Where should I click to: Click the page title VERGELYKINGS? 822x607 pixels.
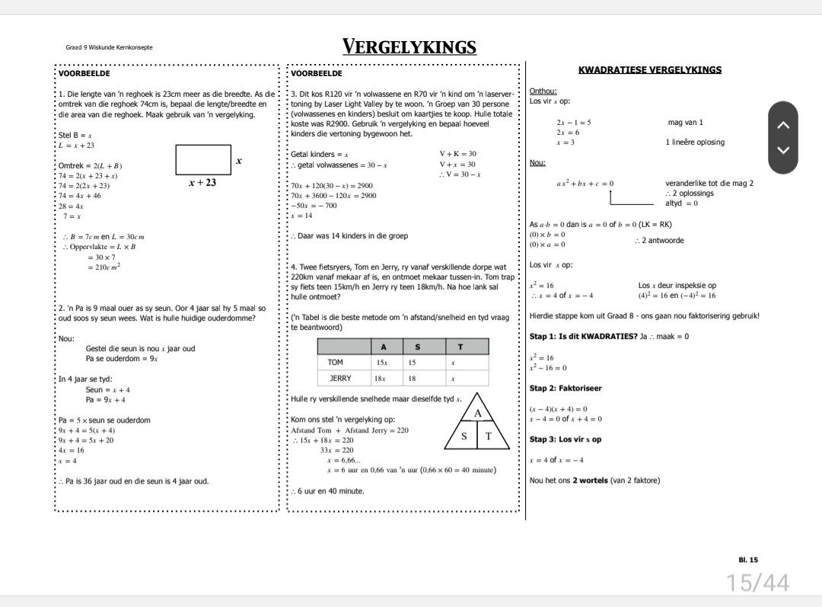pos(409,47)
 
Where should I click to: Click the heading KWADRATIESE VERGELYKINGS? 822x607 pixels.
pos(650,70)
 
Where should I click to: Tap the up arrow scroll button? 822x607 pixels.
pos(783,125)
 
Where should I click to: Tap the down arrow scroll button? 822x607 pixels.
pos(783,150)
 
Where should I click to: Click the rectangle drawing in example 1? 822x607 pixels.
pos(202,160)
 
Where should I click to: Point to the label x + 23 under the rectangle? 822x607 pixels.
pos(202,183)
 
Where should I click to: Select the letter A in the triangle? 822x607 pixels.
pos(478,413)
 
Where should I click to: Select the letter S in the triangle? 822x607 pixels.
pos(464,436)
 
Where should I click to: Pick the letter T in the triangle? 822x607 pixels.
pos(489,436)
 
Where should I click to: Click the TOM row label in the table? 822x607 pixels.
pos(336,363)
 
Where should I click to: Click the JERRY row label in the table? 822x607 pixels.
pos(340,379)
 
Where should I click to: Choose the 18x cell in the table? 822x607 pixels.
pos(380,379)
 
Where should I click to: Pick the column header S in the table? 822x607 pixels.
pos(417,347)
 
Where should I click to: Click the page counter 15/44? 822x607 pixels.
pos(757,583)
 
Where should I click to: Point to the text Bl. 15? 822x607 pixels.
pos(748,560)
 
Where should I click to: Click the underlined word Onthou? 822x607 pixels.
pos(543,91)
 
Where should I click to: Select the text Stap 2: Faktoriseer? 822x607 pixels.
pos(566,388)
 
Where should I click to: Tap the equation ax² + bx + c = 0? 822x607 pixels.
pos(585,184)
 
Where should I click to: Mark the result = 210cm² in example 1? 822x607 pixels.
pos(104,267)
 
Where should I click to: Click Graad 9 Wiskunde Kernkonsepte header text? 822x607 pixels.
pos(109,47)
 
